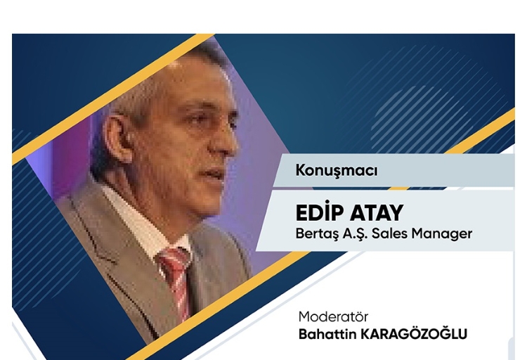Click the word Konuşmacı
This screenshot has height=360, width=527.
pos(337,171)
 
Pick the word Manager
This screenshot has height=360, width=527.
pos(442,234)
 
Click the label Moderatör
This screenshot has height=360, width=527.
pos(333,316)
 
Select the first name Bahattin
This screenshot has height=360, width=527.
pos(327,335)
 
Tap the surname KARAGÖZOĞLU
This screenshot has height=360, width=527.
pos(413,334)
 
